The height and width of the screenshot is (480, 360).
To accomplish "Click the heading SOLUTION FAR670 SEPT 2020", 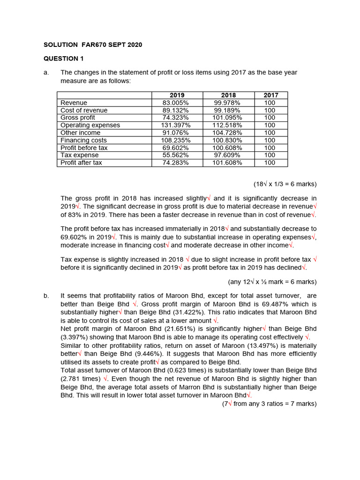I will [x=92, y=45].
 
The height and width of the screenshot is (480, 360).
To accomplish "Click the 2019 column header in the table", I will [x=177, y=95].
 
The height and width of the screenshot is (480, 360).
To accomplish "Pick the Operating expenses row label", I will [x=90, y=125].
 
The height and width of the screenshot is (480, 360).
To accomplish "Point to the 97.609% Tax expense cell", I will [x=227, y=155].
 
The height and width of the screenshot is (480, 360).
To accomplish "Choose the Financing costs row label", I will [x=83, y=140].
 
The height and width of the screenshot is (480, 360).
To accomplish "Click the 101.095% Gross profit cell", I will [x=227, y=118].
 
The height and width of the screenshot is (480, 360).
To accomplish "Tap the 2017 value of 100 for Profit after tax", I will [x=270, y=163].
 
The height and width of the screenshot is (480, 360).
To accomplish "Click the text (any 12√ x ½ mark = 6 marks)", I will [x=272, y=282].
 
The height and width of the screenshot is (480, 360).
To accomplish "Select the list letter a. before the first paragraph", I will [x=46, y=73].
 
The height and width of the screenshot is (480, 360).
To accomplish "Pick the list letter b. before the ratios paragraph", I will [x=46, y=296].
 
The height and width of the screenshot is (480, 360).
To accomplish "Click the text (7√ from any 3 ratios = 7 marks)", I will [x=270, y=403].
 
